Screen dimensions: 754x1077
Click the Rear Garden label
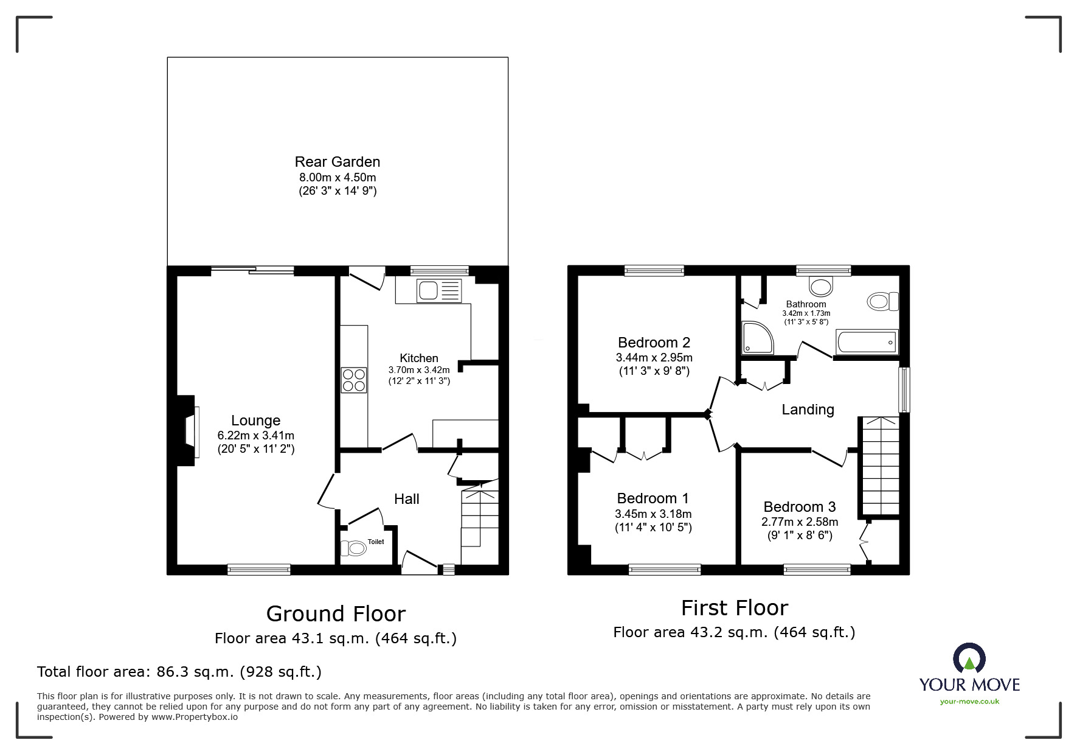[338, 162]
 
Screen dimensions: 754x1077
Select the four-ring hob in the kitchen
[354, 380]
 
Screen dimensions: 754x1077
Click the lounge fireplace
[189, 431]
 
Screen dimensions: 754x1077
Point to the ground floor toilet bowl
[355, 548]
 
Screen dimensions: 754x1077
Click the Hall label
[406, 499]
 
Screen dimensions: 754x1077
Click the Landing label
[807, 410]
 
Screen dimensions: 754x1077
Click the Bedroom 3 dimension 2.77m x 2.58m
[799, 522]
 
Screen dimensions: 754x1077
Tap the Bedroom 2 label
[654, 343]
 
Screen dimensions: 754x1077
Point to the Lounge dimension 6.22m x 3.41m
[255, 436]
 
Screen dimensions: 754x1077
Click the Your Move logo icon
[969, 659]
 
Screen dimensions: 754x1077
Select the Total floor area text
[179, 672]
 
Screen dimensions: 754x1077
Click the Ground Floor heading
[336, 613]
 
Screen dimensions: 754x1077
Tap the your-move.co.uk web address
[969, 702]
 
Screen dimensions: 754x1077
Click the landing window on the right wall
[905, 389]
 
